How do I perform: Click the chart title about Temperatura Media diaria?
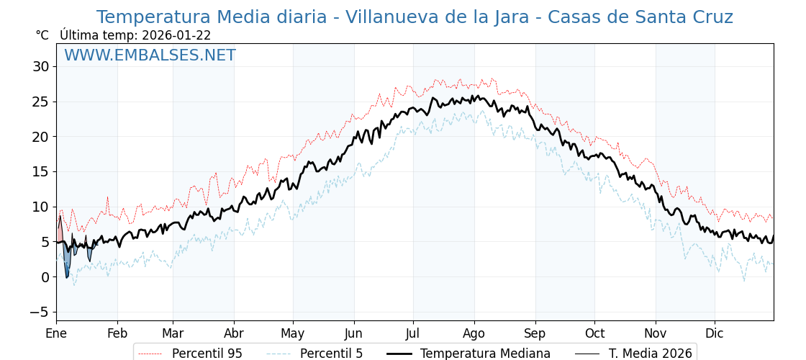pos(415,17)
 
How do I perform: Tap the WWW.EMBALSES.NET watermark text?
pos(150,55)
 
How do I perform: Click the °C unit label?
pos(42,35)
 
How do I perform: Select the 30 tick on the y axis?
pos(40,66)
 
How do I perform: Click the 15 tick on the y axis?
pos(40,171)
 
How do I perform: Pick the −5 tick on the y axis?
pos(37,312)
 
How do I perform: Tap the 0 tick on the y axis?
pos(45,276)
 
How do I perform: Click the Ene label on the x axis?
pos(56,333)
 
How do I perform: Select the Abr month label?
pos(234,333)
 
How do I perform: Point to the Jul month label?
pos(413,333)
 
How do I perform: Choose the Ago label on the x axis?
pos(474,333)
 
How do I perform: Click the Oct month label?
pos(594,333)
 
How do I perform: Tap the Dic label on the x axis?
pos(715,333)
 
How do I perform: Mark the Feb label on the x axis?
pos(117,333)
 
